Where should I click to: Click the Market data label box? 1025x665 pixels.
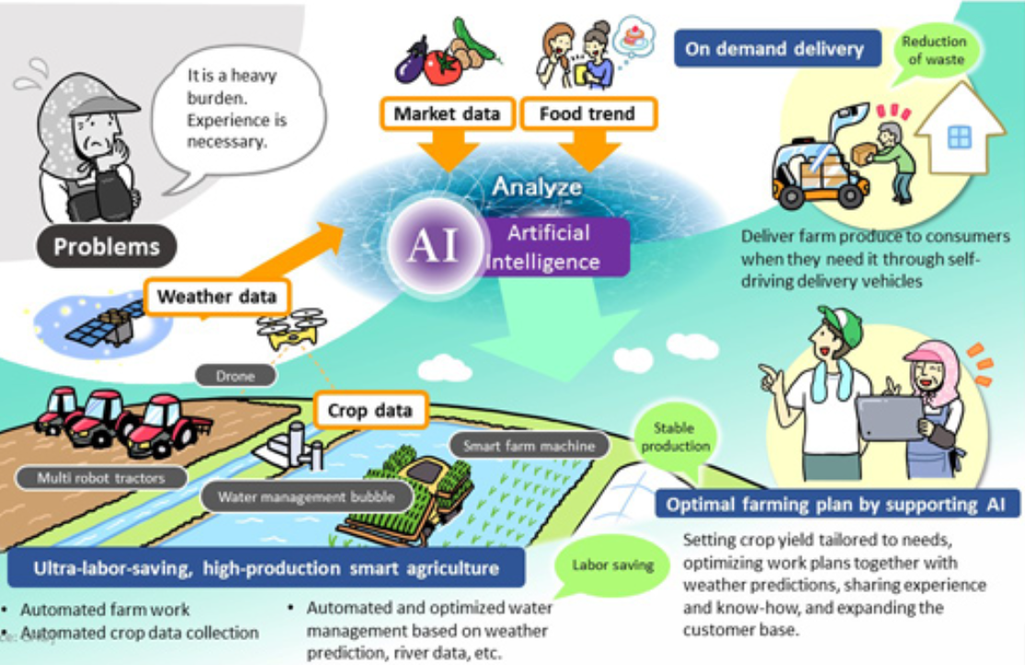pyautogui.click(x=447, y=115)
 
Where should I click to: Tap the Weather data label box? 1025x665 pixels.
pyautogui.click(x=217, y=297)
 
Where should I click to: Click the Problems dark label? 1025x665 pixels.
pyautogui.click(x=106, y=246)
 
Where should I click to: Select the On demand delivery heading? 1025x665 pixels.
pyautogui.click(x=774, y=49)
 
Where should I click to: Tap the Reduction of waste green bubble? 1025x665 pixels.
pyautogui.click(x=933, y=51)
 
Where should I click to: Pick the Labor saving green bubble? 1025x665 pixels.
pyautogui.click(x=613, y=564)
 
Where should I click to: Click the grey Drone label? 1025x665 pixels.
pyautogui.click(x=235, y=375)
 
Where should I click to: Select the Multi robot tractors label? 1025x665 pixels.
pyautogui.click(x=100, y=477)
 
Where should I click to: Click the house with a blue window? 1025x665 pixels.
pyautogui.click(x=958, y=133)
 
